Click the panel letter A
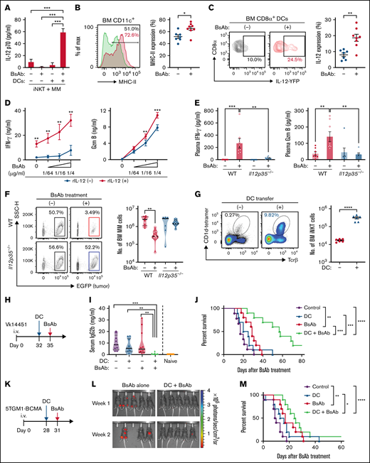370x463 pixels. point(6,6)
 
